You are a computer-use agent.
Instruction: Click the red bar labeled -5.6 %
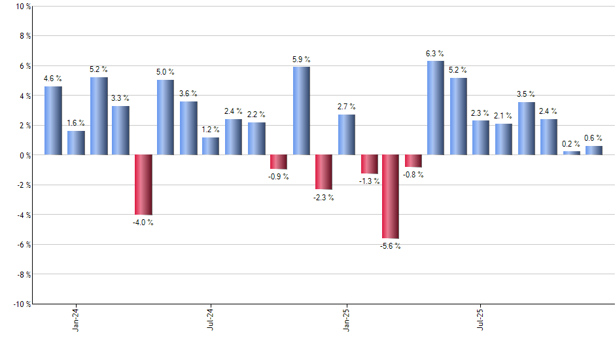click(391, 196)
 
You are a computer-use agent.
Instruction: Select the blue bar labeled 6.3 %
click(436, 108)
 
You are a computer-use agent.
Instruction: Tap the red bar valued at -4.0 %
click(143, 185)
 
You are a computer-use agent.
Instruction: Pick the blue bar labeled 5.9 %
click(301, 111)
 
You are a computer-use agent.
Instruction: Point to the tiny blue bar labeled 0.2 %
click(571, 153)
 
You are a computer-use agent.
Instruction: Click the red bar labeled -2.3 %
click(323, 172)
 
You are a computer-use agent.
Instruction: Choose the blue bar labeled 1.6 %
click(76, 143)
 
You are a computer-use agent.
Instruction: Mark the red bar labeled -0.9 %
click(279, 162)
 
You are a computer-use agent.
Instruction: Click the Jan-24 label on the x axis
click(76, 319)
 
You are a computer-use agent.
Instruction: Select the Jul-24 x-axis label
click(211, 319)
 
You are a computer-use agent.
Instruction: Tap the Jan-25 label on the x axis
click(346, 319)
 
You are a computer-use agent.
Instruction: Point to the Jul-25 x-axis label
click(481, 319)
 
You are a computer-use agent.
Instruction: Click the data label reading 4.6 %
click(53, 79)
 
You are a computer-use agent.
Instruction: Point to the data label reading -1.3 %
click(369, 181)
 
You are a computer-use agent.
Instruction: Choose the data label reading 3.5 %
click(526, 94)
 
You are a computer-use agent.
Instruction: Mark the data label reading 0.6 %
click(593, 137)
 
